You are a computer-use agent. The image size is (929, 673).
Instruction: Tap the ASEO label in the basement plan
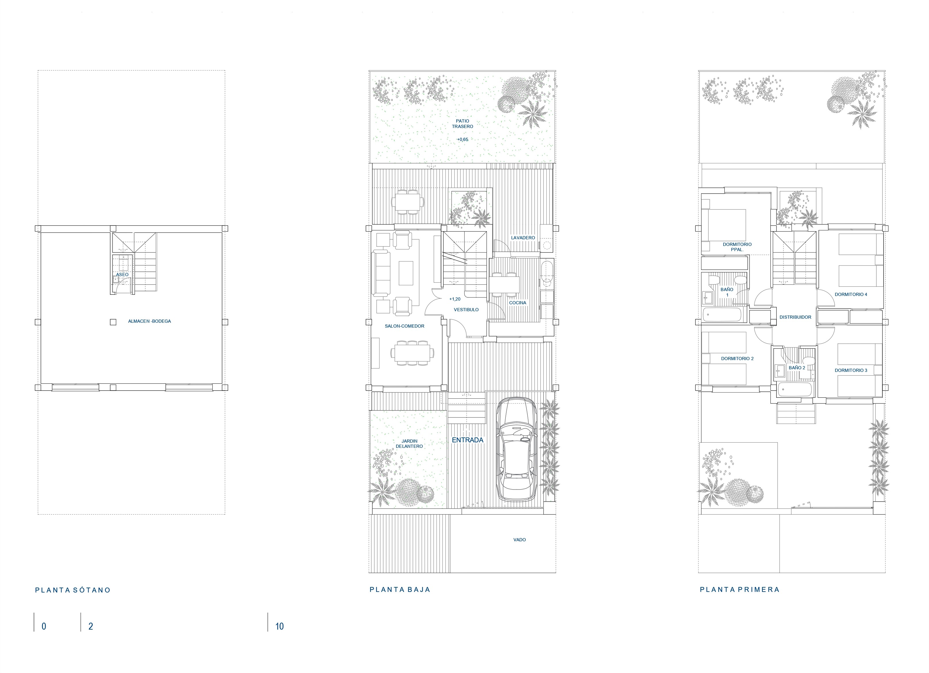tap(122, 275)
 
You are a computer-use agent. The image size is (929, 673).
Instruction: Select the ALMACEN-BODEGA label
tap(150, 321)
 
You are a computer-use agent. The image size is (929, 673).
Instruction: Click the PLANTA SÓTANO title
tap(73, 590)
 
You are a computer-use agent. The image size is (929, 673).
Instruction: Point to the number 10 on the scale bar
tap(279, 626)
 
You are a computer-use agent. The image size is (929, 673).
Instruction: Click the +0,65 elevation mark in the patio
tap(462, 139)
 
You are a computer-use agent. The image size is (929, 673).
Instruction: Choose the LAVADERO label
tap(523, 238)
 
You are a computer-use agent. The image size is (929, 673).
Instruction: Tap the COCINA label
tap(518, 303)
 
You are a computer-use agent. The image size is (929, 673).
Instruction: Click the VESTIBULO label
tap(466, 310)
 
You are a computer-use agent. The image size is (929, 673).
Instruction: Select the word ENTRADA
tap(467, 440)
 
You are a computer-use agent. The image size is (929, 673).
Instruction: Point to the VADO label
tap(519, 540)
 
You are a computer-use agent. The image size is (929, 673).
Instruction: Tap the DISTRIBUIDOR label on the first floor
tap(795, 317)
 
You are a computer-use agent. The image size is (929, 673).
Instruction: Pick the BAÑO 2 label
tap(797, 368)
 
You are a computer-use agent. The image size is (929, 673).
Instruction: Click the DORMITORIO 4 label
tap(851, 294)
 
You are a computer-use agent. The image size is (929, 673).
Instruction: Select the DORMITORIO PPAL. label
tap(737, 247)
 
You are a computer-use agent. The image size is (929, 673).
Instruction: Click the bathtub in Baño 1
tap(722, 315)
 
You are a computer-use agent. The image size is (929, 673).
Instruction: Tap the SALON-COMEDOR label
tap(404, 326)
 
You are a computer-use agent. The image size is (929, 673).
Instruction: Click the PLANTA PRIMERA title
tap(739, 590)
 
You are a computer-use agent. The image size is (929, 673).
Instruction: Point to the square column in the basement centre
tap(113, 322)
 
